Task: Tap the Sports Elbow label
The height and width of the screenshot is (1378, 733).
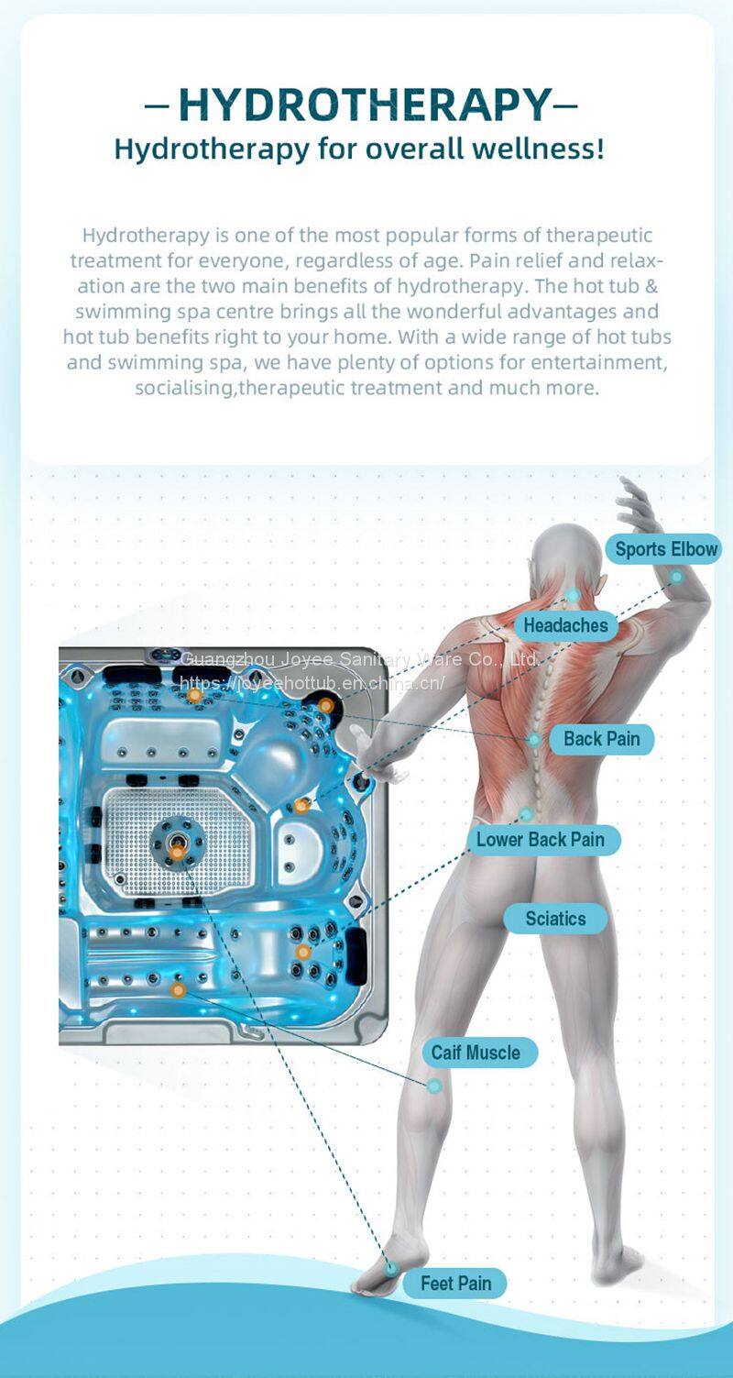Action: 666,549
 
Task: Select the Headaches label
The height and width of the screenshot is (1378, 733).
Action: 565,625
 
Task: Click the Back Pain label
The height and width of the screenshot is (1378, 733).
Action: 601,738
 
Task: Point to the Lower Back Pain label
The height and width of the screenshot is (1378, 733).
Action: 540,839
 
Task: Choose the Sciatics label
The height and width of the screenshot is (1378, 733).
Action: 555,919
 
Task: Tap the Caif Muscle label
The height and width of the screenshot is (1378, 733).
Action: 476,1052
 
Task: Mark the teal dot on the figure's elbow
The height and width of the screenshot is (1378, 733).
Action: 676,577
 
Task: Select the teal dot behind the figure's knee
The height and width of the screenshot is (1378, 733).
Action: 434,1086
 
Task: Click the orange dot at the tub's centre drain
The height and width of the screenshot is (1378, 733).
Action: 177,853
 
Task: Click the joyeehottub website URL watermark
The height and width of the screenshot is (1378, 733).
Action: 312,683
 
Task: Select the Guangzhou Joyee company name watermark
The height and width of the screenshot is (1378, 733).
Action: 360,659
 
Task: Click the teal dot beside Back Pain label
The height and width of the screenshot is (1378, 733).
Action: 534,739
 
